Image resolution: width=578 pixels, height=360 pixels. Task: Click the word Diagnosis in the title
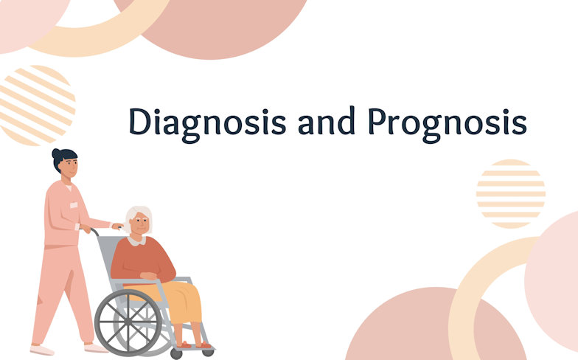207,122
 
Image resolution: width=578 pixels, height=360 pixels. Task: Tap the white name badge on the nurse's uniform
74,205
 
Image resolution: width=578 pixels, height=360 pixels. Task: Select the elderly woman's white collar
137,240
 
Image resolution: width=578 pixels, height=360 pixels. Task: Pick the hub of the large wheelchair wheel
128,322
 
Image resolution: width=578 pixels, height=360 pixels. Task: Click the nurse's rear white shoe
41,349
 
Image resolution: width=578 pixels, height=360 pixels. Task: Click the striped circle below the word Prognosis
510,193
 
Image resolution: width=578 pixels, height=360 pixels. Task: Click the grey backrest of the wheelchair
106,255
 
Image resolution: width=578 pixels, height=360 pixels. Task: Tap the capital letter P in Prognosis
377,121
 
